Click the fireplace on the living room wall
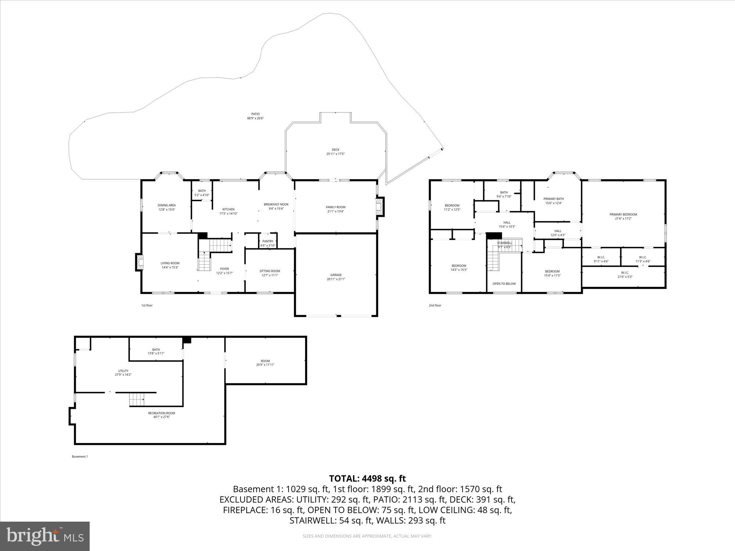pyautogui.click(x=139, y=262)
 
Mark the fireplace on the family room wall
pyautogui.click(x=380, y=207)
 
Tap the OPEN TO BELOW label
pyautogui.click(x=504, y=284)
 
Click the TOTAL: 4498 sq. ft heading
pyautogui.click(x=367, y=478)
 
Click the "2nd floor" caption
pyautogui.click(x=435, y=305)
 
